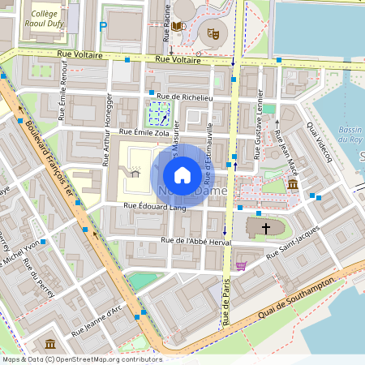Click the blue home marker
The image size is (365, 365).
(x=182, y=174)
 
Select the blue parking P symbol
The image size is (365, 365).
(x=103, y=27)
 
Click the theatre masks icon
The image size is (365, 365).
(x=214, y=33)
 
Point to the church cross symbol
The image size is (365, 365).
(x=265, y=230)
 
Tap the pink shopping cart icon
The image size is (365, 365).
(x=240, y=265)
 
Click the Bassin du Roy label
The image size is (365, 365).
(x=350, y=134)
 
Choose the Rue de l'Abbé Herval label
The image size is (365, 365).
(x=196, y=240)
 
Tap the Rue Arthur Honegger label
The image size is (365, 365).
(x=107, y=130)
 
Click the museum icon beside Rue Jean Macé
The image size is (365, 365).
(x=292, y=186)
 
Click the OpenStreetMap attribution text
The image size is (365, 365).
(x=81, y=359)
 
